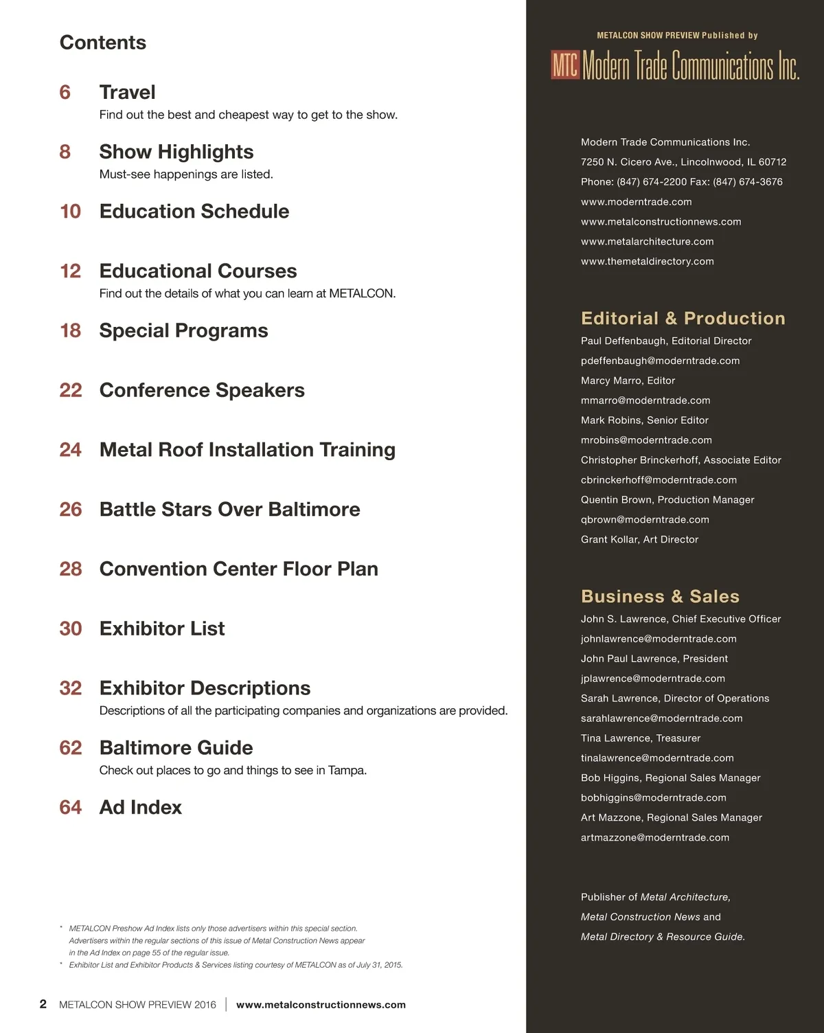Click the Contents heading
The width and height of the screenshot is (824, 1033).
click(103, 43)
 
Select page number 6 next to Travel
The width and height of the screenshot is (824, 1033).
click(65, 92)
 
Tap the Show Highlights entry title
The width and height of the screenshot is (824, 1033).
click(176, 152)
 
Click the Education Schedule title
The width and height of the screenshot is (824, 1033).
click(194, 212)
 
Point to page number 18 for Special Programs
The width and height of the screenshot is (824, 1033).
click(71, 330)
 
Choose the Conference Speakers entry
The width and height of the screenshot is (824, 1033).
click(202, 390)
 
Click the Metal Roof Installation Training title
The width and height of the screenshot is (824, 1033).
click(247, 450)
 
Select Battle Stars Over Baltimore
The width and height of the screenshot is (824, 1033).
click(229, 510)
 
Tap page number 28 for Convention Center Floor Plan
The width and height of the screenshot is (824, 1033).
click(71, 569)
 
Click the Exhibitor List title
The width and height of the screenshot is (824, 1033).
click(162, 628)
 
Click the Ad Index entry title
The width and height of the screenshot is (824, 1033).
click(141, 807)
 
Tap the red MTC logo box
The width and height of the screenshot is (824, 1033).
click(565, 65)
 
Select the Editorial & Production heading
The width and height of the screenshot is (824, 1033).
click(683, 318)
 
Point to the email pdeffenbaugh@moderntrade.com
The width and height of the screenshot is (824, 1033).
click(660, 361)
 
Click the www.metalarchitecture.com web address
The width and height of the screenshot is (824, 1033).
click(647, 242)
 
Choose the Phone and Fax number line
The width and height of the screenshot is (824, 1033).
click(681, 182)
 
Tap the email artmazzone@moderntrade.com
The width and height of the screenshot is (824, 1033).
click(655, 837)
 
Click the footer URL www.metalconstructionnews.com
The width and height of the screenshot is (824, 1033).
click(321, 1005)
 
